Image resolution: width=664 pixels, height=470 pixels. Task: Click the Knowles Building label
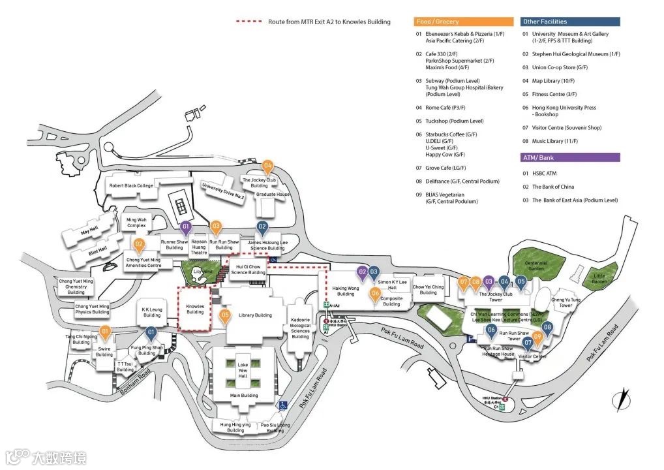(195, 308)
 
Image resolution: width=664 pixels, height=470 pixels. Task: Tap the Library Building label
(255, 315)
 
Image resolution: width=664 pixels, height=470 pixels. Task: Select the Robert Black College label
(131, 185)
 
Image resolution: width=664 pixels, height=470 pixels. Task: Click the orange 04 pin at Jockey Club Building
(267, 166)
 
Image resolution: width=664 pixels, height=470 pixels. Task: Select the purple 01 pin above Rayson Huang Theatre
(185, 228)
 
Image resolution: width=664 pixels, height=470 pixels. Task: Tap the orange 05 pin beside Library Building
(225, 316)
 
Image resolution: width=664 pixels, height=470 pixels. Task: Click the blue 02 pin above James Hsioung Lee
(262, 228)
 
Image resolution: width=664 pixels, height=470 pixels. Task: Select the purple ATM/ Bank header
(569, 157)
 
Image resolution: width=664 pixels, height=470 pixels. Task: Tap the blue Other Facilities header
(569, 22)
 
